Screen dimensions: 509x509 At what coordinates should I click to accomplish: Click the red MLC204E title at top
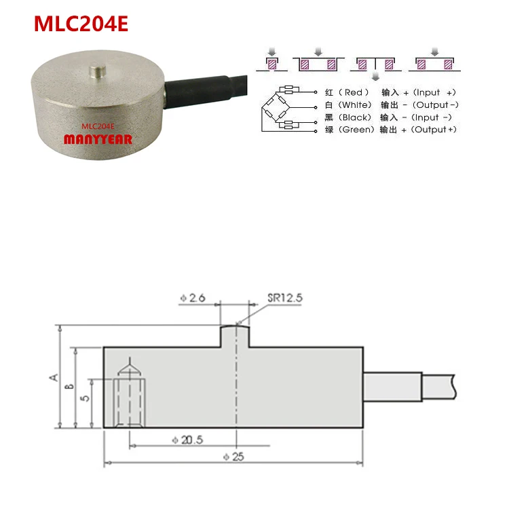[81, 24]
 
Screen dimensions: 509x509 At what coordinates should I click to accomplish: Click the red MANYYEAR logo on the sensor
[98, 139]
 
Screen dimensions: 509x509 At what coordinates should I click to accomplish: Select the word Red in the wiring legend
[354, 92]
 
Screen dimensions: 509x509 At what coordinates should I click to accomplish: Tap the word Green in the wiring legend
[356, 130]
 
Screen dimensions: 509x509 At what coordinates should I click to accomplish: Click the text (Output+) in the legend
[434, 130]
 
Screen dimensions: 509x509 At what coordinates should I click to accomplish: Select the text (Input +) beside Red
[434, 92]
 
